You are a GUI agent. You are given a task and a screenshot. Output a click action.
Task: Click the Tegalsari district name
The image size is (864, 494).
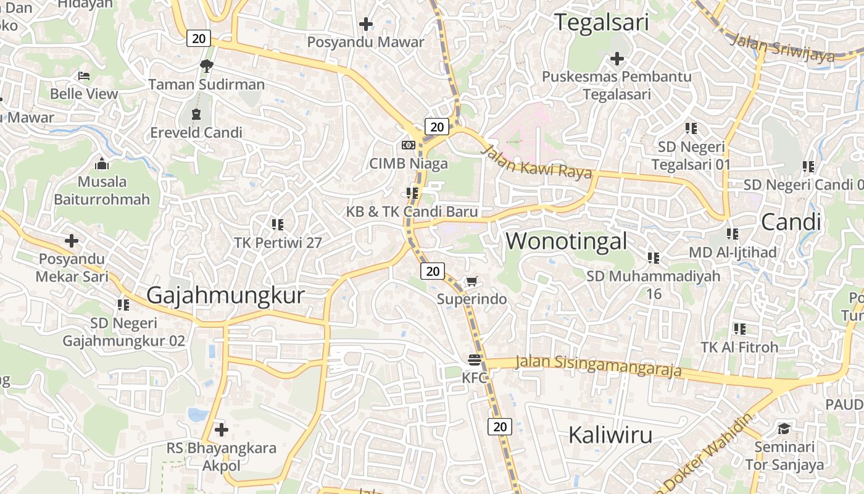602,23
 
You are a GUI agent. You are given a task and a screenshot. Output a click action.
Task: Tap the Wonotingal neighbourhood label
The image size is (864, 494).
567,241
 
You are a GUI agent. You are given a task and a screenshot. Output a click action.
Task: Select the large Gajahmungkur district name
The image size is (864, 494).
225,295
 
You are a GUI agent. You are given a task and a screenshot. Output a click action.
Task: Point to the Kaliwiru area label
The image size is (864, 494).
610,435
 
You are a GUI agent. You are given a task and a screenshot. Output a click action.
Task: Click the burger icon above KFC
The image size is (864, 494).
475,359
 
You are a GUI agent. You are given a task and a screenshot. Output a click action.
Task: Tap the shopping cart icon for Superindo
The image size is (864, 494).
471,282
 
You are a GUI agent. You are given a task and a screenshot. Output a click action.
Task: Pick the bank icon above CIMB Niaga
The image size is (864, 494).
408,145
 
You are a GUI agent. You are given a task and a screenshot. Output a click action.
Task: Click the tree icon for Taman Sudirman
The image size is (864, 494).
206,65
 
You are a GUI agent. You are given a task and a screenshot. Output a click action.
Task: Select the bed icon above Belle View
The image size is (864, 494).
84,76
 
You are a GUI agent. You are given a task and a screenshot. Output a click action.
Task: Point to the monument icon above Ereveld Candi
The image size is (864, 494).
196,114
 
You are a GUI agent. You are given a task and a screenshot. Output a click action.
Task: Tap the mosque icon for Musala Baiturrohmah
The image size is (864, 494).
102,164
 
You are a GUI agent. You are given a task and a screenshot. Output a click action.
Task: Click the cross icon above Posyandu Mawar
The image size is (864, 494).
366,24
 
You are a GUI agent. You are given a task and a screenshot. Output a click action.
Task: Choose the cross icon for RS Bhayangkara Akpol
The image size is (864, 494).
221,429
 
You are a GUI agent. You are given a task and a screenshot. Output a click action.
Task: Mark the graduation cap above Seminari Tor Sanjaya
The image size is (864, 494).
784,429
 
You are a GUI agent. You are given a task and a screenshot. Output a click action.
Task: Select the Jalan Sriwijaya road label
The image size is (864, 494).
782,48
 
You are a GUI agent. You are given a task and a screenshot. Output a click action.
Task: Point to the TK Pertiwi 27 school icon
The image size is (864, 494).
278,224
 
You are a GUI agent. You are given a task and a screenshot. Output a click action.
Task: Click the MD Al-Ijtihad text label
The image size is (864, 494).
733,252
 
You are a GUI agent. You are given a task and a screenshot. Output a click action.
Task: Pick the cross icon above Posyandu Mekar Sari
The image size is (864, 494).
72,240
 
